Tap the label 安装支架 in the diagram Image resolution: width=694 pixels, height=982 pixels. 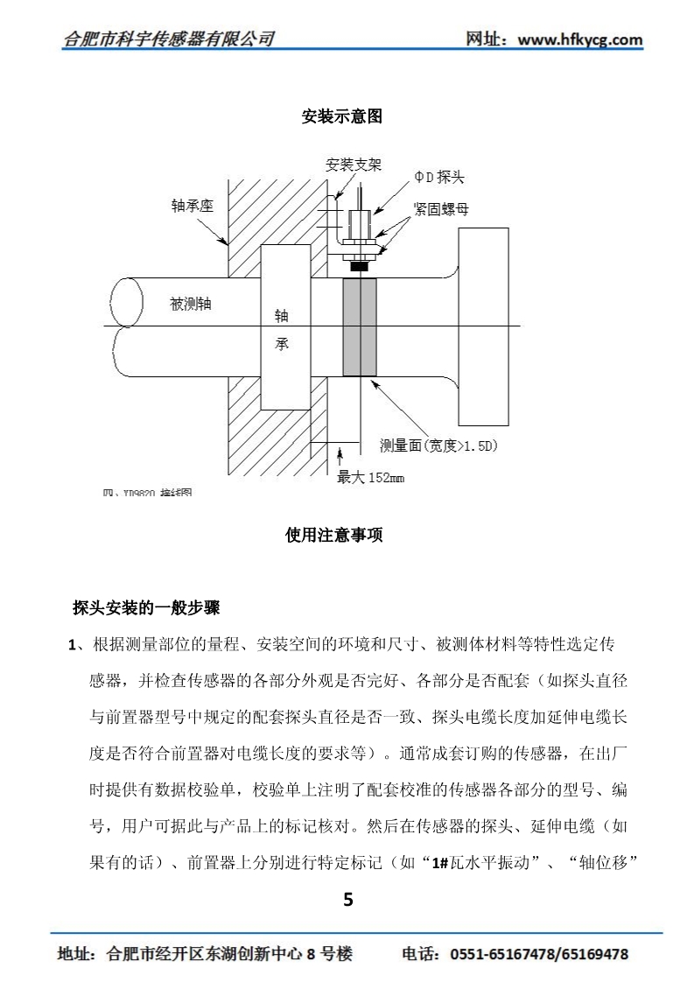tap(353, 165)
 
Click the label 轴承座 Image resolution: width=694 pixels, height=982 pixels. tap(193, 206)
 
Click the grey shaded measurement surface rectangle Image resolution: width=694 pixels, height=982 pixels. tap(360, 326)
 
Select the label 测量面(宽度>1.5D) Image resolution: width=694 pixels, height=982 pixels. tap(438, 445)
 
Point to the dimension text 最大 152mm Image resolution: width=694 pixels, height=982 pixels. tap(370, 478)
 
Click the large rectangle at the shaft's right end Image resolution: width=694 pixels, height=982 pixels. tap(483, 321)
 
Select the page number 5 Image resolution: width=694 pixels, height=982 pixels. tap(347, 900)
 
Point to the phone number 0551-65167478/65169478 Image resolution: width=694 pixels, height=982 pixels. tap(538, 954)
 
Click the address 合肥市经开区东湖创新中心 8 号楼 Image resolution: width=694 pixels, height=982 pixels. tap(228, 954)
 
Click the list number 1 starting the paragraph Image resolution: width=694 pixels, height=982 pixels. tap(73, 646)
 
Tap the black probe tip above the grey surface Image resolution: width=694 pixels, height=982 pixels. tap(359, 264)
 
